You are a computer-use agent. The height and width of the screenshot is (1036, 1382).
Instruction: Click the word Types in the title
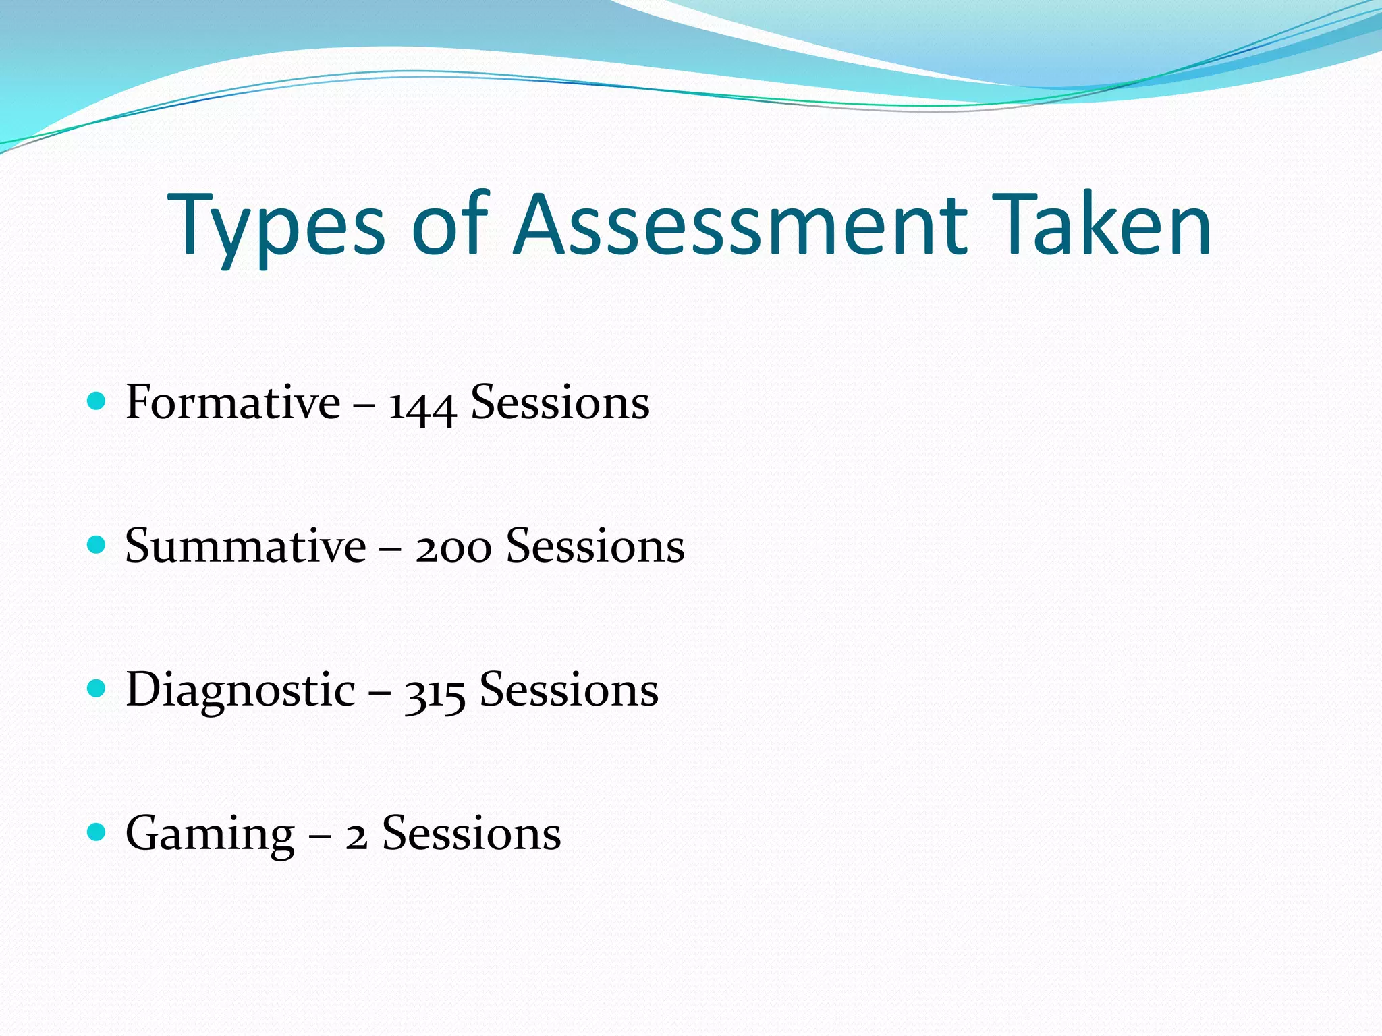point(277,226)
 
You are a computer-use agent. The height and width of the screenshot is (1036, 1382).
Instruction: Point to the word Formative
point(233,403)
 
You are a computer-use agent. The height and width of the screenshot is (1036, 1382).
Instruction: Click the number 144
point(422,405)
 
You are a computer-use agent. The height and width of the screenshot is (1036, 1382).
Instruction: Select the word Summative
point(246,546)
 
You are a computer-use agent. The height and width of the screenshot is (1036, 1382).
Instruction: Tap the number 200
point(453,547)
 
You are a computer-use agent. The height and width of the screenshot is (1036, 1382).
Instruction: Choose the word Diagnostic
point(240,691)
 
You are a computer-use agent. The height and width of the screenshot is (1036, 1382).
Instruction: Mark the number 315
point(435,693)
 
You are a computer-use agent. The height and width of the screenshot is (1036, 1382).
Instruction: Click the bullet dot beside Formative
point(97,402)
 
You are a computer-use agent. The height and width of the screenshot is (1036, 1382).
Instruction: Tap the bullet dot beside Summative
point(97,545)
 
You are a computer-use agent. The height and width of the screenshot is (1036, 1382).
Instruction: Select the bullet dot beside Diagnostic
point(97,689)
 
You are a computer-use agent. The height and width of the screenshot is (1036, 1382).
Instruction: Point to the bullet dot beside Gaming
point(97,832)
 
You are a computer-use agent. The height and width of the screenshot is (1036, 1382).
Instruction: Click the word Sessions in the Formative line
point(560,403)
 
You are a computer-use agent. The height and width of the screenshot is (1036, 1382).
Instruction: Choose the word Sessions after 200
point(595,546)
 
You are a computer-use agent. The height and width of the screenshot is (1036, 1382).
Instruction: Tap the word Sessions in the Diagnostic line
point(569,690)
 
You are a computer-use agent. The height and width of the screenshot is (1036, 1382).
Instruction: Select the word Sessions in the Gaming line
point(472,834)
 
